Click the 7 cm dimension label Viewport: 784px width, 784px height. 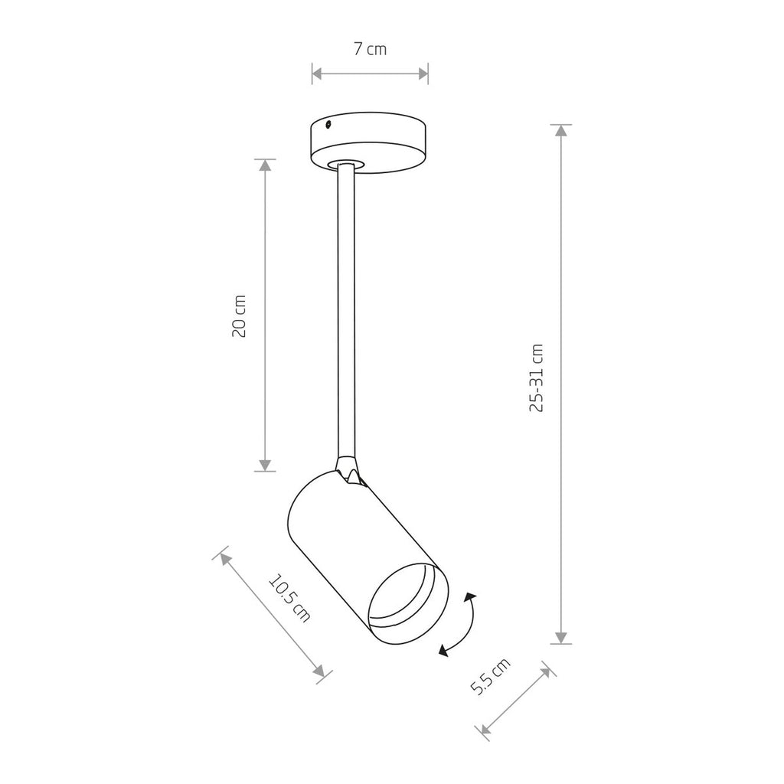click(370, 49)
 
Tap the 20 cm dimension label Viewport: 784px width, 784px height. click(240, 316)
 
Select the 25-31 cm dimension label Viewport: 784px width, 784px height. click(536, 378)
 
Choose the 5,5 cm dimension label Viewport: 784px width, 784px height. click(491, 677)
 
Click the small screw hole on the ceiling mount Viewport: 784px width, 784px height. click(328, 125)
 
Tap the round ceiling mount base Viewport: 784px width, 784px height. click(370, 143)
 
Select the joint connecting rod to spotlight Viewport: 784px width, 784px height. click(348, 470)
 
